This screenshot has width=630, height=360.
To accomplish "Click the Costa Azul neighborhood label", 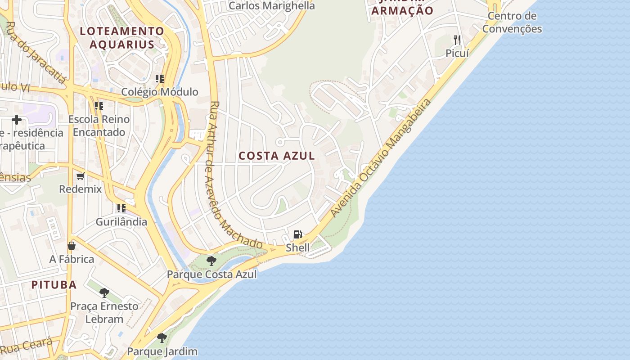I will (276, 156).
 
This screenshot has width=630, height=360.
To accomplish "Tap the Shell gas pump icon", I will (297, 234).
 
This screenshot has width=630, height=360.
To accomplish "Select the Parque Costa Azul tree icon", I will (211, 261).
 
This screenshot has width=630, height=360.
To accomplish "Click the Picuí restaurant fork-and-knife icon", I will (457, 40).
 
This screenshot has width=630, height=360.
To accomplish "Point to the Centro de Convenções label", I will (512, 22).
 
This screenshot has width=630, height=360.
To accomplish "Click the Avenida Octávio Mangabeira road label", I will (380, 158).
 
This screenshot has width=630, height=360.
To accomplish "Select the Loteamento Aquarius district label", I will (122, 37).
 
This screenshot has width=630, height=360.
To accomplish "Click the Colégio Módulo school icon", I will (159, 79).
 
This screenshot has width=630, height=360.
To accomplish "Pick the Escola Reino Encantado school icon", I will (99, 106).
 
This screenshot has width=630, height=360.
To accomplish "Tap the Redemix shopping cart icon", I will (81, 176).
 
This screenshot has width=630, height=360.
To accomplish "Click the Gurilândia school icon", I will (121, 208).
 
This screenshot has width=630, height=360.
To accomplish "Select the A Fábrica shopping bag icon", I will (72, 246).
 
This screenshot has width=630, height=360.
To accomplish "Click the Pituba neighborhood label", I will (54, 284).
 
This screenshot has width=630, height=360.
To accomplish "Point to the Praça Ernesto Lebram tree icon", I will (104, 293).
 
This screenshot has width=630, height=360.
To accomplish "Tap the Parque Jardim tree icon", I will (162, 337).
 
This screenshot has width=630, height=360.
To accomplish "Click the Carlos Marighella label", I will (271, 6).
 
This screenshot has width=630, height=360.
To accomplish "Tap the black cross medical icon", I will (17, 120).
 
